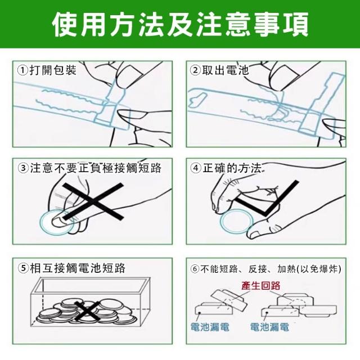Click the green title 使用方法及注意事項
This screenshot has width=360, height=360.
pos(180,24)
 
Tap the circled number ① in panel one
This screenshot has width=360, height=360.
pos(23,70)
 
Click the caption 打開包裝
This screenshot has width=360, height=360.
pos(53,70)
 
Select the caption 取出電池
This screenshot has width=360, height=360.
pos(226,70)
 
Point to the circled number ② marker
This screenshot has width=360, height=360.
pos(195,70)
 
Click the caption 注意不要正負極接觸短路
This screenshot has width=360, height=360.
pos(96,168)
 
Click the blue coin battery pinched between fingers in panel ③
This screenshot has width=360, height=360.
pos(57,222)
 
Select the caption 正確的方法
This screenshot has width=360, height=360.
pos(232,168)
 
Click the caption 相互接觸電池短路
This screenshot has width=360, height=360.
pos(78,268)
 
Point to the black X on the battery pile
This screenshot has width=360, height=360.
pos(87,311)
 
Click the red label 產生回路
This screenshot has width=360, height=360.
pos(261,286)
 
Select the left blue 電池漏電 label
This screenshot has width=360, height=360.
pos(210,327)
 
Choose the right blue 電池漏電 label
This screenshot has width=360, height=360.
pos(269,327)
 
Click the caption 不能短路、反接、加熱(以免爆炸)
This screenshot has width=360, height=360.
pos(271,269)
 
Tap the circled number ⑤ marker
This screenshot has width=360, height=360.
pos(24,268)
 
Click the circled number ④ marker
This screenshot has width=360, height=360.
pos(196,168)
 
